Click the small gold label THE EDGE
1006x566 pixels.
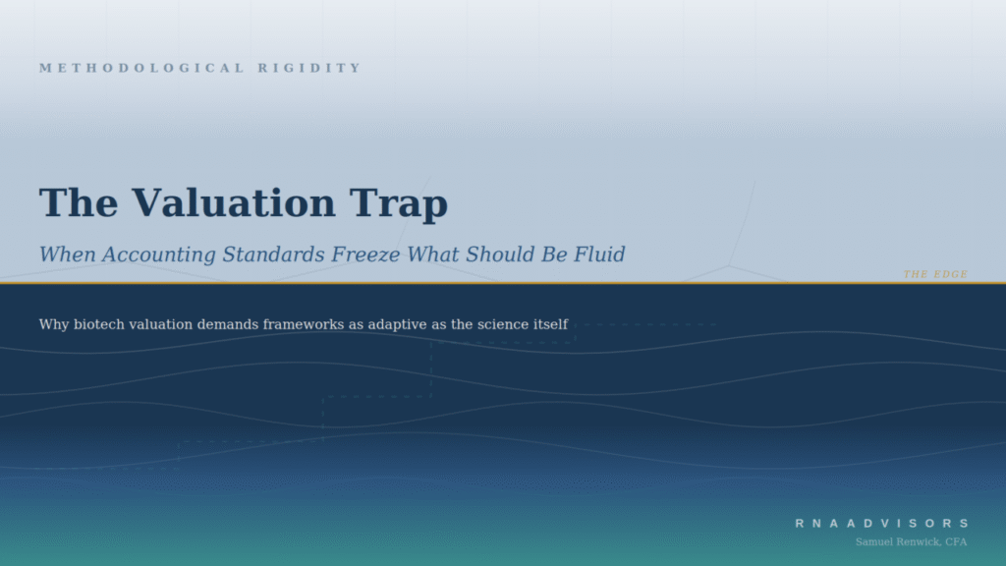(x=935, y=274)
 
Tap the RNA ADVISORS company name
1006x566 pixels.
(x=882, y=524)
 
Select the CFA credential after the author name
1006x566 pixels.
(x=955, y=541)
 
